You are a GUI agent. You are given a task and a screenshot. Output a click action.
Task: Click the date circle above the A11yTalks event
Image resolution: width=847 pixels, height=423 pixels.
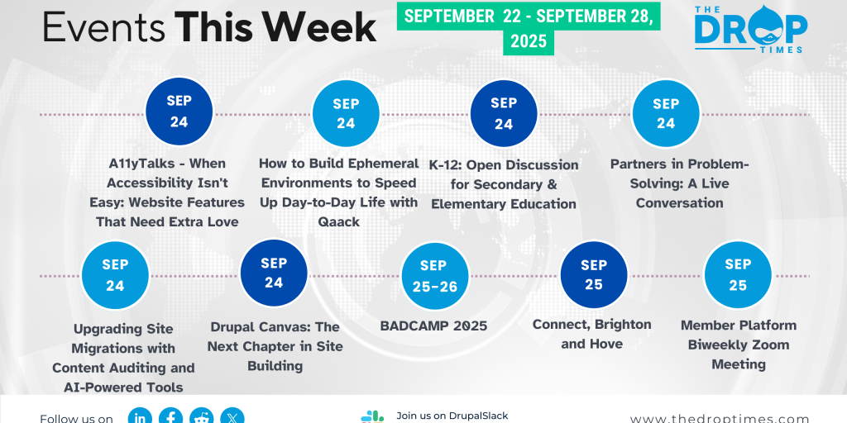click(x=179, y=112)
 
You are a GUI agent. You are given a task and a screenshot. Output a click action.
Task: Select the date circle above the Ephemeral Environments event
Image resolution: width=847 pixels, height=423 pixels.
click(x=346, y=113)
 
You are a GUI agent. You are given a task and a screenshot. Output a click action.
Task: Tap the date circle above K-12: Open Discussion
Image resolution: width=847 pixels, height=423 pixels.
click(x=504, y=113)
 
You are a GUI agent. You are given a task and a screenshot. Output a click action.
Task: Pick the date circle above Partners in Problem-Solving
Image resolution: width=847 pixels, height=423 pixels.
click(x=666, y=113)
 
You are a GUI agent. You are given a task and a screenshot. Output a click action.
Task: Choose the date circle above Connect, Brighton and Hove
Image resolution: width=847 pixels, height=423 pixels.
click(x=594, y=274)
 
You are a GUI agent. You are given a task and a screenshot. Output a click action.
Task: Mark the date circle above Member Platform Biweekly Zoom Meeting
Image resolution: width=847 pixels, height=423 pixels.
click(x=738, y=274)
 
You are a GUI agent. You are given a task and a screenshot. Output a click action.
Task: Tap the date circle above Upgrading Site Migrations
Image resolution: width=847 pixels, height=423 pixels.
click(x=115, y=274)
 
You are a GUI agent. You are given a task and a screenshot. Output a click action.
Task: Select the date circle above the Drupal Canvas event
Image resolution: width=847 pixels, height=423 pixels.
click(x=274, y=273)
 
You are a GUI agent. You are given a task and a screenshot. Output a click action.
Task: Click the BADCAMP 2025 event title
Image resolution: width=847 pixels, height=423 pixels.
click(x=433, y=326)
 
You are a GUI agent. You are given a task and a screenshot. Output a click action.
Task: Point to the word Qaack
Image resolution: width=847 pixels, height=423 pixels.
click(x=339, y=221)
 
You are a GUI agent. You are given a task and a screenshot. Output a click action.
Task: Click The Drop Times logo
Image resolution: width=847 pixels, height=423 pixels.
click(x=750, y=29)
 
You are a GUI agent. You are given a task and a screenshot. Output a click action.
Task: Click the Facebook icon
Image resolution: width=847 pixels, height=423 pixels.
click(x=171, y=416)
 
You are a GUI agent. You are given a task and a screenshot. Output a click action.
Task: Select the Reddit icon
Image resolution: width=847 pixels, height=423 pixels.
click(x=202, y=416)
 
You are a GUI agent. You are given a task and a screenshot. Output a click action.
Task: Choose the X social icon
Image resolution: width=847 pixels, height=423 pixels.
click(x=232, y=416)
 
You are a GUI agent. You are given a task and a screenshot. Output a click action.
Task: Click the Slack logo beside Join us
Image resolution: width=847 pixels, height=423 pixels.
click(x=372, y=417)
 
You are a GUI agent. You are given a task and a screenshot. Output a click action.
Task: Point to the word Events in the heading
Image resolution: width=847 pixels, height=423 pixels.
click(x=104, y=27)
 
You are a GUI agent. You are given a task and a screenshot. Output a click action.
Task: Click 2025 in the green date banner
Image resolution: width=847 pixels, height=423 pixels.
click(x=529, y=41)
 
